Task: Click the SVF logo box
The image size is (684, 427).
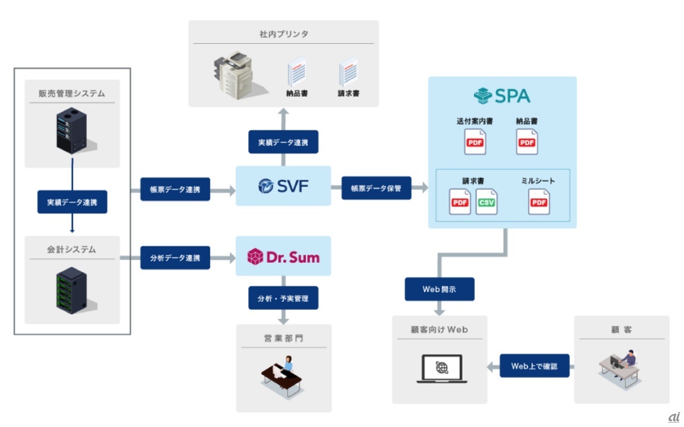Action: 283,186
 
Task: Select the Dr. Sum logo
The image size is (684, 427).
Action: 283,257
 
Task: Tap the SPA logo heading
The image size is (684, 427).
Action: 502,96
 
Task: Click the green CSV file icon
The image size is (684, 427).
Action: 486,202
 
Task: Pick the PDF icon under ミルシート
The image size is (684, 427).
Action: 539,202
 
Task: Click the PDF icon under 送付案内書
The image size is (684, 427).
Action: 475,142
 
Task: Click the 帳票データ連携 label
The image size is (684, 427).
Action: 175,189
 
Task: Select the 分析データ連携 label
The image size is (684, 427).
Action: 175,258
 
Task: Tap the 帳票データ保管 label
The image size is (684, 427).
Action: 376,188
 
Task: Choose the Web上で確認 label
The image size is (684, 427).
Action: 534,366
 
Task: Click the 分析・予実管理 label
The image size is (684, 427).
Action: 283,298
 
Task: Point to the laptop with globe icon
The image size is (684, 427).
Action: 441,369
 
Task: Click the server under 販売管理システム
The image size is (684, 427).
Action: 72,130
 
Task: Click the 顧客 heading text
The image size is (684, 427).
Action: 621,330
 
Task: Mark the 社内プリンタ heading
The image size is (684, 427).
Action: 284,34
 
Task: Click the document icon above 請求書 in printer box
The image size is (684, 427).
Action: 348,73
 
